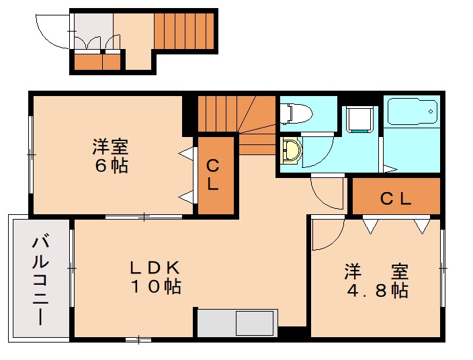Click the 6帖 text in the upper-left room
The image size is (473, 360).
click(x=111, y=166)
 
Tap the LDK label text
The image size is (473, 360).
click(x=156, y=267)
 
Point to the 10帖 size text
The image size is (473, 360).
click(x=155, y=287)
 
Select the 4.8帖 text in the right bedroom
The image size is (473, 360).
click(x=377, y=291)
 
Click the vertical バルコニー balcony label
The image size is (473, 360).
click(x=40, y=279)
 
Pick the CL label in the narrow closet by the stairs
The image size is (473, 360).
click(x=212, y=175)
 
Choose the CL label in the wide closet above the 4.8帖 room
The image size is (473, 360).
click(x=396, y=199)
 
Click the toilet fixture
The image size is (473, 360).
click(x=294, y=112)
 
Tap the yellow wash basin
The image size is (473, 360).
click(x=291, y=151)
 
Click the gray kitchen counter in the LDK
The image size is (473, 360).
click(x=236, y=323)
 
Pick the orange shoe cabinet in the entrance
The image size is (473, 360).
click(x=96, y=62)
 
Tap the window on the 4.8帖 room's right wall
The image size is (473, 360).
click(x=443, y=268)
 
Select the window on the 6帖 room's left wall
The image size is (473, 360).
click(x=31, y=154)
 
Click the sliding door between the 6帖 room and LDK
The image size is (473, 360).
click(x=143, y=216)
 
